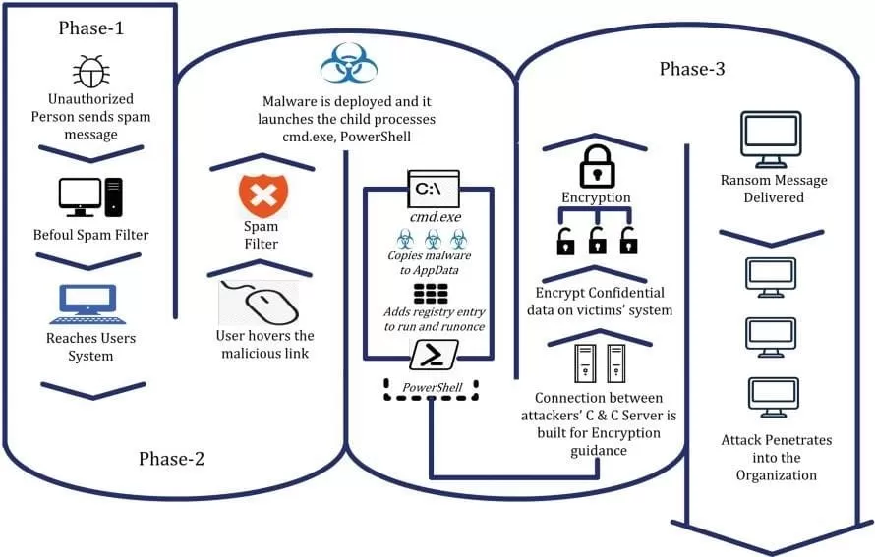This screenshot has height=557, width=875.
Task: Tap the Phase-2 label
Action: (172, 458)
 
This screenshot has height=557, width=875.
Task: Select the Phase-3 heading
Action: (693, 69)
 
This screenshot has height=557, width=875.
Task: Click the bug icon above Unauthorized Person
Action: (89, 71)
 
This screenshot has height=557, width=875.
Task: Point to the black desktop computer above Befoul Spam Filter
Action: (90, 196)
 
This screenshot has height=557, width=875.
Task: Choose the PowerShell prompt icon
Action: (429, 353)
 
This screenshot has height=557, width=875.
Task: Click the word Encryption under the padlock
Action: (596, 197)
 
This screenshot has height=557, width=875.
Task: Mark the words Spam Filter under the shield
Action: (261, 235)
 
